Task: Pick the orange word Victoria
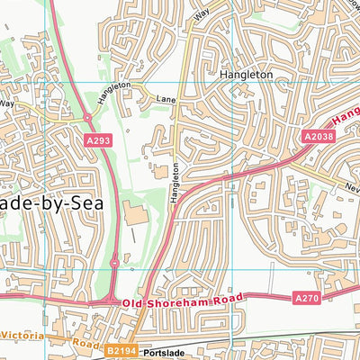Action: [19, 333]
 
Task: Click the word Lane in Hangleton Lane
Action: [164, 98]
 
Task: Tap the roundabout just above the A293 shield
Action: [88, 117]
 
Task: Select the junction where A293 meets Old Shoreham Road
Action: [111, 298]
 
